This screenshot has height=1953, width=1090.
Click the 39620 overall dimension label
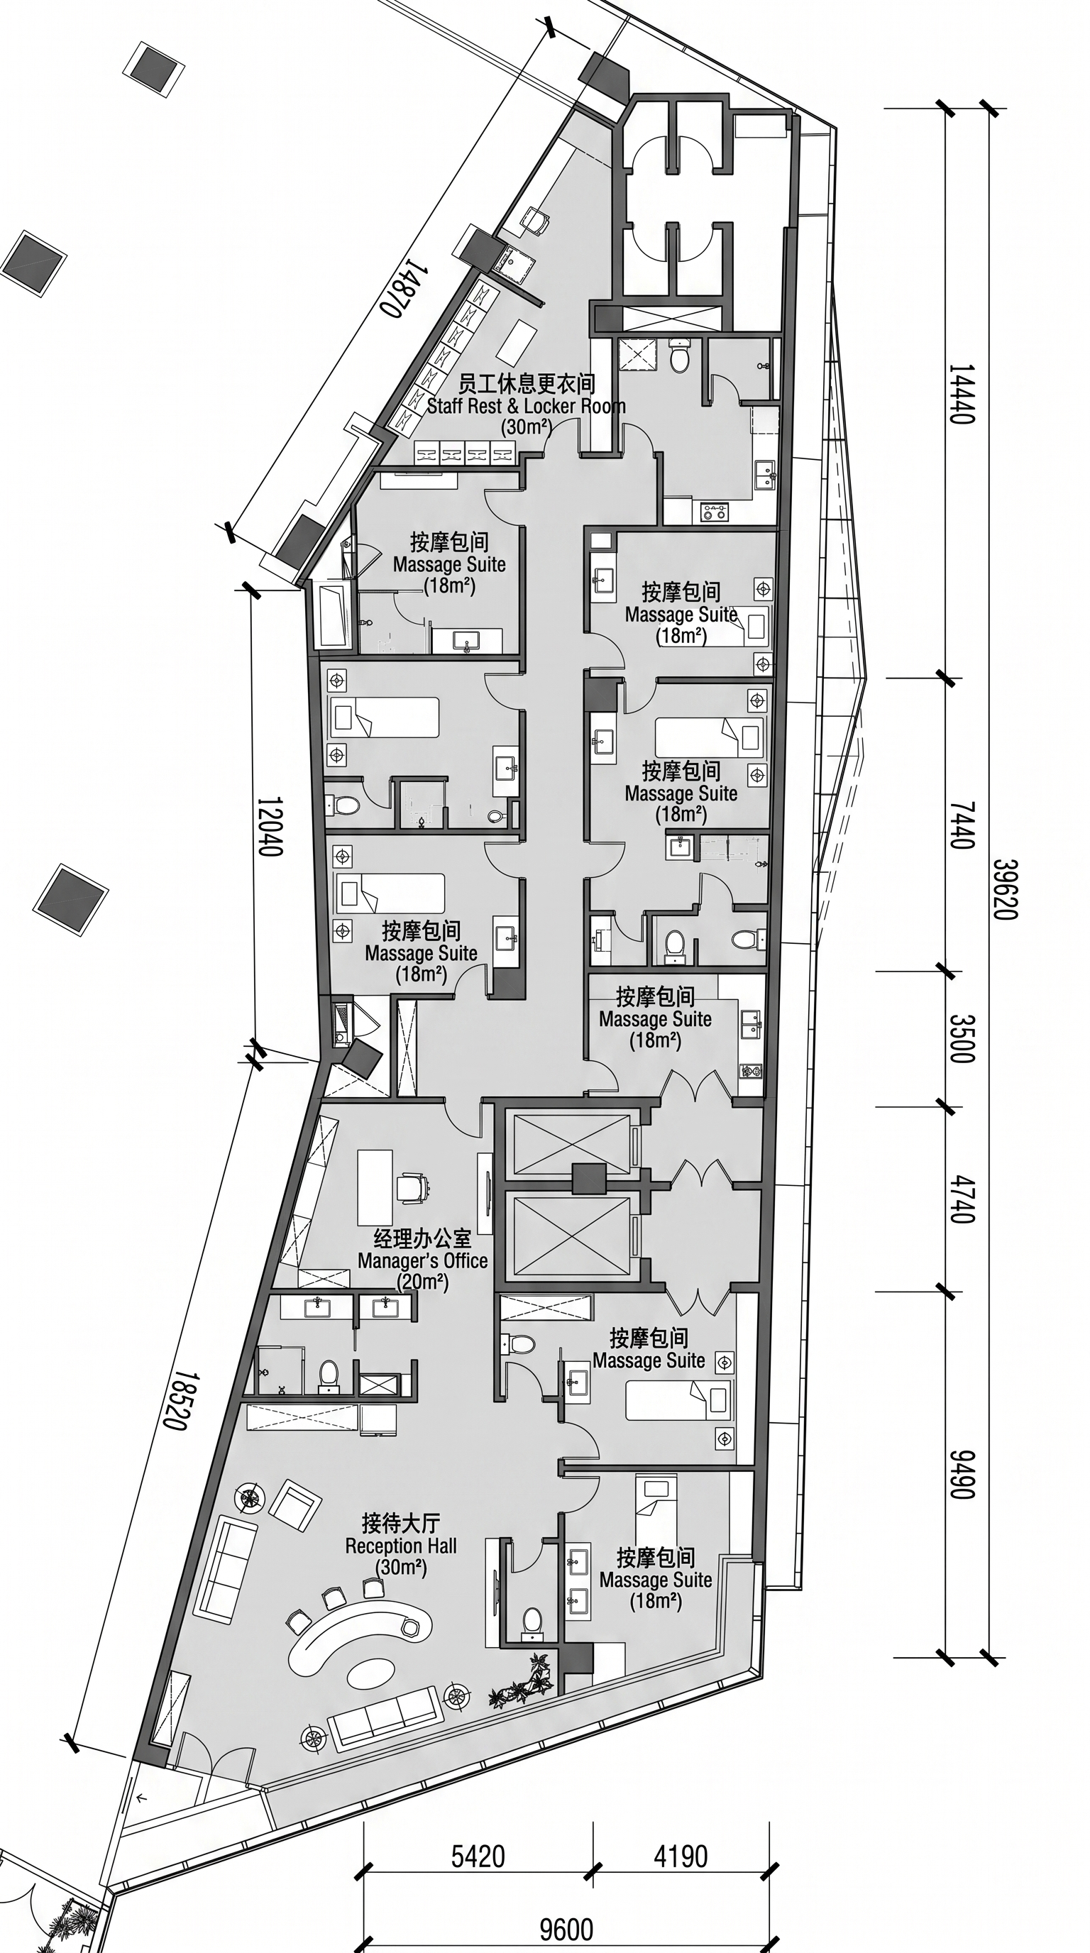point(1006,889)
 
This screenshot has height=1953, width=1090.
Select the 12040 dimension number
point(270,826)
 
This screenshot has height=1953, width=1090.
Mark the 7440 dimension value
point(961,825)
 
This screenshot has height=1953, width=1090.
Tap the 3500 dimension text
point(961,1039)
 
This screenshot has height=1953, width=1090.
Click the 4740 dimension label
point(961,1199)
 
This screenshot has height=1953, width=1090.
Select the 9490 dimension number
point(961,1475)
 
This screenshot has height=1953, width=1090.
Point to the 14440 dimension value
point(961,395)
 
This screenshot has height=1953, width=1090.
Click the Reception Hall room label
point(401,1546)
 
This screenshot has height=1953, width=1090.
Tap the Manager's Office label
point(423,1260)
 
